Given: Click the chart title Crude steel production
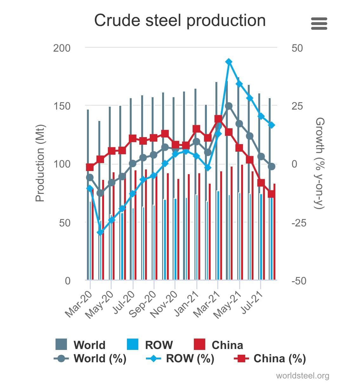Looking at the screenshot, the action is click(180, 21).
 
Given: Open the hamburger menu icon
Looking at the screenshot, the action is click(319, 23).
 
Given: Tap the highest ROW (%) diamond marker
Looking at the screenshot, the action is click(229, 62).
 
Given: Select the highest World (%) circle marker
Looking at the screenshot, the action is click(229, 106).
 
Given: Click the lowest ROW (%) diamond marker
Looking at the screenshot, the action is click(100, 232).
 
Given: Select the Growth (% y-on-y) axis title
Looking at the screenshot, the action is click(320, 163).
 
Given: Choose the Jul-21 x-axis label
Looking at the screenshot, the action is click(252, 302).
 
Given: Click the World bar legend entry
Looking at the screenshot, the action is click(80, 345).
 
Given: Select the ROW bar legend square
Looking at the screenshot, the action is click(132, 344).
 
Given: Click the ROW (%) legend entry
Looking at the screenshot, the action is click(180, 358).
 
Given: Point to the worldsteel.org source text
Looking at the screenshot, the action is click(302, 376).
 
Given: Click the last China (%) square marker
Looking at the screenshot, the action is click(271, 194).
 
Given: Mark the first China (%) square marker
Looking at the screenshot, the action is click(90, 167).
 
